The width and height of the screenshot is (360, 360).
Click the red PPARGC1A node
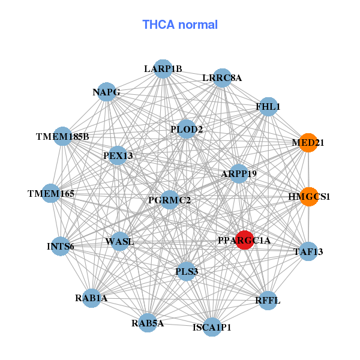pyautogui.click(x=244, y=240)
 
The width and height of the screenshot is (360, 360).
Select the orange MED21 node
pyautogui.click(x=308, y=143)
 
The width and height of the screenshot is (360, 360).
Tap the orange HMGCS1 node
pyautogui.click(x=309, y=196)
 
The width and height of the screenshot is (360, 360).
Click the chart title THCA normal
pyautogui.click(x=180, y=25)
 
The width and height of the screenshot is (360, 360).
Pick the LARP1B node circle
pyautogui.click(x=163, y=68)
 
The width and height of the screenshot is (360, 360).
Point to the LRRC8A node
pyautogui.click(x=222, y=77)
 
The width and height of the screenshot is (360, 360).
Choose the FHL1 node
pyautogui.click(x=268, y=107)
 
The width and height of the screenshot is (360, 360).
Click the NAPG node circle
pyautogui.click(x=106, y=92)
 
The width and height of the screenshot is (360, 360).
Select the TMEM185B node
pyautogui.click(x=62, y=136)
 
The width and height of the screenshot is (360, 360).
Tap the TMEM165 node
pyautogui.click(x=51, y=193)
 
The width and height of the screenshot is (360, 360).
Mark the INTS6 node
pyautogui.click(x=60, y=246)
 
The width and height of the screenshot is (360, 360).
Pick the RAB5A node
pyautogui.click(x=148, y=323)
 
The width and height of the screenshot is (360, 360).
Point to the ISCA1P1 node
pyautogui.click(x=212, y=327)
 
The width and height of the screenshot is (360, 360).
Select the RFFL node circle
pyautogui.click(x=268, y=299)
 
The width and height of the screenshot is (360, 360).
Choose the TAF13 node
pyautogui.click(x=308, y=251)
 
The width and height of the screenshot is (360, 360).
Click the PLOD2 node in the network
pyautogui.click(x=187, y=129)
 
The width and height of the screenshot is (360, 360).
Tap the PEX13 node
pyautogui.click(x=118, y=155)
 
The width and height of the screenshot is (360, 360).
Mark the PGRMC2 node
pyautogui.click(x=170, y=200)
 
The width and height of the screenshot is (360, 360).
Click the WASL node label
pyautogui.click(x=119, y=242)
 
